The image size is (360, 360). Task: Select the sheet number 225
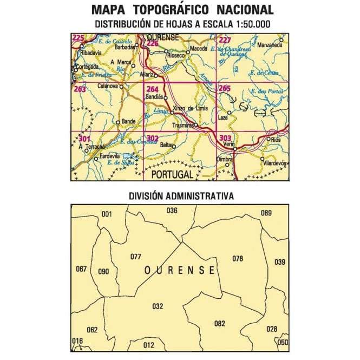click(78, 38)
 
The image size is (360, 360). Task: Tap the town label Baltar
click(166, 146)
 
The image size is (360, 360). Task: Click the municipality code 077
click(135, 257)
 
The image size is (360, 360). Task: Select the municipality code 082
click(219, 324)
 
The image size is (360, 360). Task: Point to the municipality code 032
click(158, 306)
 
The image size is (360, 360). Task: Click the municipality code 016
click(78, 341)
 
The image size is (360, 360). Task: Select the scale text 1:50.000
click(247, 24)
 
